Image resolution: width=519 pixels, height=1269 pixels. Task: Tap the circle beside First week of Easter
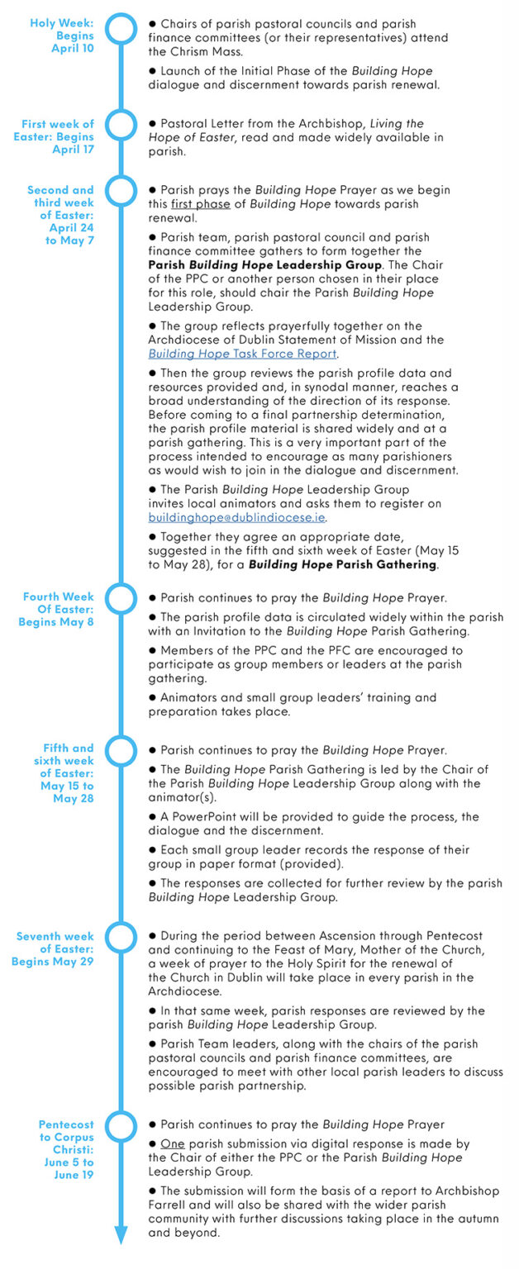point(121,125)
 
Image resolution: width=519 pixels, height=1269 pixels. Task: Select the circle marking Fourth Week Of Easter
point(121,597)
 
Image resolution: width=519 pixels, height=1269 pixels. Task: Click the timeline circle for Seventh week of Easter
point(121,937)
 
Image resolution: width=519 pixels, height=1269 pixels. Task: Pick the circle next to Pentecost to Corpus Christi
point(121,1125)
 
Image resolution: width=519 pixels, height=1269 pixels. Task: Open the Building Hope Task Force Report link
point(243,354)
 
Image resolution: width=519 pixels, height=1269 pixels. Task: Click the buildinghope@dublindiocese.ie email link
point(237,518)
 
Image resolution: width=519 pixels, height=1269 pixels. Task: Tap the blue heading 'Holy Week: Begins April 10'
point(62,36)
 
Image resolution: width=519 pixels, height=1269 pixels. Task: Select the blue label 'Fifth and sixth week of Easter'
point(64,773)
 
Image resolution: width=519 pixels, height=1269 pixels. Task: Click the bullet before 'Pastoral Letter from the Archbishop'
point(153,124)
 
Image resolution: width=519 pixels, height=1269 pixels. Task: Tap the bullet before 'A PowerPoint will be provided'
point(153,817)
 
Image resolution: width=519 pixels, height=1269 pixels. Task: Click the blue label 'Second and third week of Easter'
point(60,215)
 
